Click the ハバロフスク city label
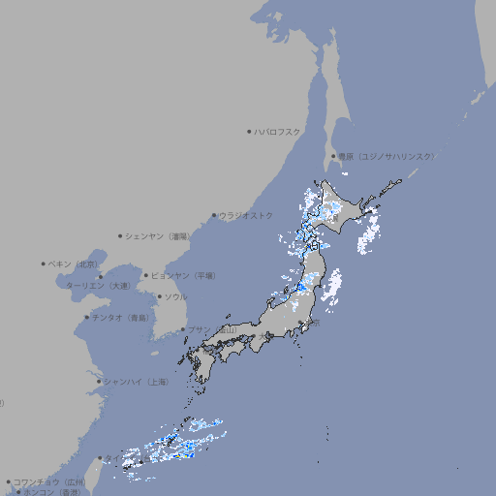(x=278, y=131)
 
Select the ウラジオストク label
(x=246, y=215)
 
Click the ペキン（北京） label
(x=74, y=263)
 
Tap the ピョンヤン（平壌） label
(x=186, y=275)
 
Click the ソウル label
(x=175, y=296)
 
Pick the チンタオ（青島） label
(x=121, y=318)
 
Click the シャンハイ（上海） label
(x=137, y=382)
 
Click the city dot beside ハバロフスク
(x=249, y=131)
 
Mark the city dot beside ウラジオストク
(x=214, y=215)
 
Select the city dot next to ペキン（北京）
(x=44, y=263)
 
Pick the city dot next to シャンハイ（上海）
(x=99, y=382)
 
